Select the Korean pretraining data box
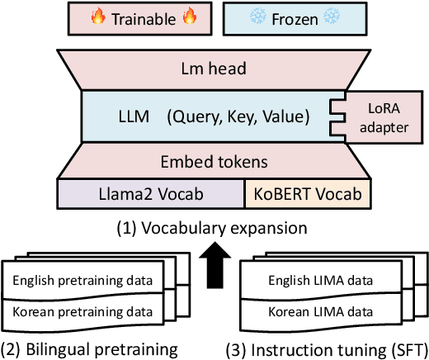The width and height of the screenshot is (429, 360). click(x=82, y=313)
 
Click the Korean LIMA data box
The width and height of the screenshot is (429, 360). click(x=321, y=313)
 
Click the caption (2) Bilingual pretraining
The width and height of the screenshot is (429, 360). click(x=89, y=348)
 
